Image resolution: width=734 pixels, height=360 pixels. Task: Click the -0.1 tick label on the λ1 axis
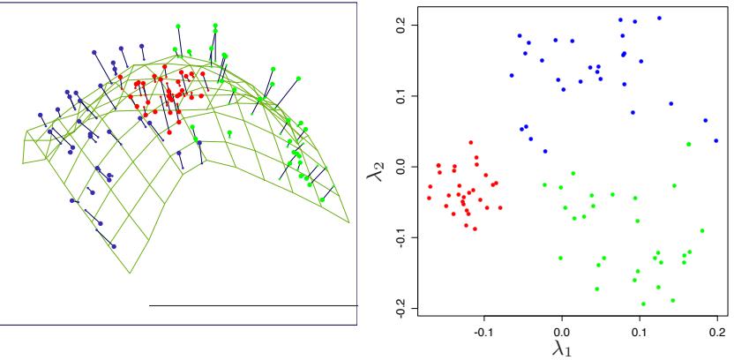pyautogui.click(x=483, y=333)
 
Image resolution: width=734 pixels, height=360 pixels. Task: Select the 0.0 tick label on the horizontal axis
pyautogui.click(x=562, y=333)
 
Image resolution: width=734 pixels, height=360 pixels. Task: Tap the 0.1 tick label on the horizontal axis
pyautogui.click(x=640, y=333)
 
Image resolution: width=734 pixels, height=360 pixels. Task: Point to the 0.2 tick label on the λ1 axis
pyautogui.click(x=716, y=333)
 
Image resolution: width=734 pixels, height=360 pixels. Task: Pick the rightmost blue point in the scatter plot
pyautogui.click(x=716, y=140)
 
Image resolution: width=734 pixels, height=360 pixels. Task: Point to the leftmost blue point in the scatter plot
pyautogui.click(x=512, y=75)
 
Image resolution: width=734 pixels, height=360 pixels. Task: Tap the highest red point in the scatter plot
pyautogui.click(x=471, y=142)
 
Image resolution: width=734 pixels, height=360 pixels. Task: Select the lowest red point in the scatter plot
pyautogui.click(x=475, y=229)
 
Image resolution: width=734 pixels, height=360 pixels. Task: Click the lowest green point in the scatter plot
pyautogui.click(x=643, y=304)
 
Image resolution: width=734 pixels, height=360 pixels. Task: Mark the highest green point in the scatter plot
pyautogui.click(x=689, y=144)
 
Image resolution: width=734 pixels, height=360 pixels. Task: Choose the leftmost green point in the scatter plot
pyautogui.click(x=544, y=184)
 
